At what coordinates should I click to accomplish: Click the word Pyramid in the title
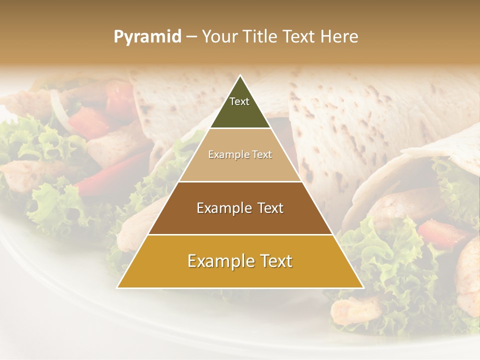pyautogui.click(x=147, y=37)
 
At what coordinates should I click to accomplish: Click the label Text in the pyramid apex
pyautogui.click(x=239, y=101)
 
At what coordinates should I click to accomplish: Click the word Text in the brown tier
pyautogui.click(x=267, y=208)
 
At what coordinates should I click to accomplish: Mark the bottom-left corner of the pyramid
pyautogui.click(x=117, y=287)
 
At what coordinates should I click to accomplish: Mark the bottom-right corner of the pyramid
pyautogui.click(x=363, y=287)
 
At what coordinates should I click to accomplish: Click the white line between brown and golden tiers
pyautogui.click(x=240, y=234)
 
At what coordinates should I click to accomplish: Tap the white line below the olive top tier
pyautogui.click(x=240, y=128)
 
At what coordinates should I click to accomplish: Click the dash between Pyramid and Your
pyautogui.click(x=191, y=37)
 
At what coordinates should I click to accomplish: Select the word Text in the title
pyautogui.click(x=298, y=36)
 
